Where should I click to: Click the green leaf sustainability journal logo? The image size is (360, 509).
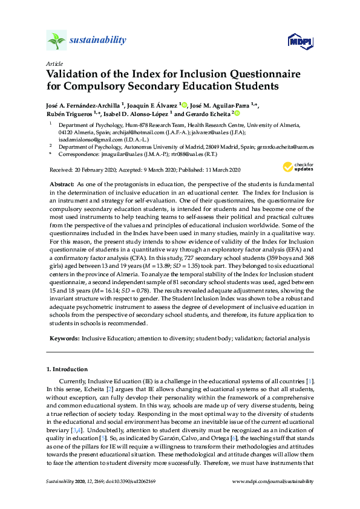[x=56, y=41]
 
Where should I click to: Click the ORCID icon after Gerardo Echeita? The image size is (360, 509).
[x=237, y=113]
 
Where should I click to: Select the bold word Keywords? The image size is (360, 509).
[x=63, y=339]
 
